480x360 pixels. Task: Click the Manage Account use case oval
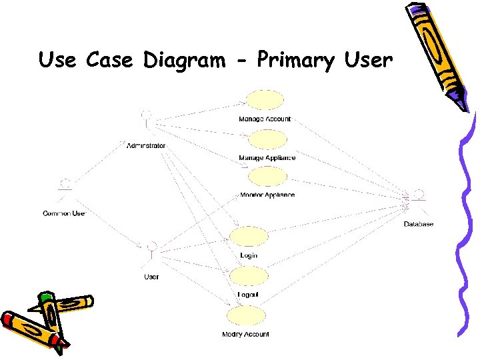point(265,100)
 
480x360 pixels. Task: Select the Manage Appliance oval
point(267,139)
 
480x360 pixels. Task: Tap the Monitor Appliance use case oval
point(266,177)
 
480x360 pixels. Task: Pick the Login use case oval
point(249,237)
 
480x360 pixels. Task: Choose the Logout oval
point(248,276)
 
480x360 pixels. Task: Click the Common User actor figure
point(65,188)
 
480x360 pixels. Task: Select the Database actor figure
point(418,200)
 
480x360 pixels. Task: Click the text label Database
point(419,225)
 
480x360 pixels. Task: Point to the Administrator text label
point(146,145)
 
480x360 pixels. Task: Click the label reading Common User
point(64,213)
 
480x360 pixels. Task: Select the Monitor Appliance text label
point(267,195)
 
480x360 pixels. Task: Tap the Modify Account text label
point(245,334)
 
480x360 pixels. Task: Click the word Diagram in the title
point(184,60)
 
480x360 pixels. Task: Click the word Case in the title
point(111,60)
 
